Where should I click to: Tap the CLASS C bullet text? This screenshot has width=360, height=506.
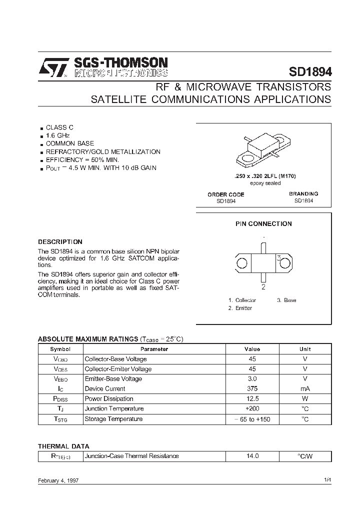[59, 127]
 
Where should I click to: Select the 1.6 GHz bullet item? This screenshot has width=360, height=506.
[58, 135]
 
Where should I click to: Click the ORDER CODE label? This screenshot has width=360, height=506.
[226, 194]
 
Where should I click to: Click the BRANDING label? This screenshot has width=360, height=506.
[303, 193]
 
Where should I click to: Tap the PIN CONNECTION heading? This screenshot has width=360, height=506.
[263, 223]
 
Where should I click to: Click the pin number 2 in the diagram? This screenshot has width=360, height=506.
[263, 287]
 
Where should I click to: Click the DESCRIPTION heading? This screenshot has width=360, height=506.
[60, 241]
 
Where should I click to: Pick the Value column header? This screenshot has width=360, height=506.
[252, 349]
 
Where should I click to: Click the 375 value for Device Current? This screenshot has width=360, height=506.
[252, 388]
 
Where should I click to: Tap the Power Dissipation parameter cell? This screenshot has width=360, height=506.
[109, 398]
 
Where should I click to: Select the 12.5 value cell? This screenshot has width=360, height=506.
[252, 398]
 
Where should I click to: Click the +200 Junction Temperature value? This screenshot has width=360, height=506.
[252, 408]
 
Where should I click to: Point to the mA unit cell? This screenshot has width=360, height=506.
[305, 388]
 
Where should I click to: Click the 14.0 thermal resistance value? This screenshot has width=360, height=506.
[252, 456]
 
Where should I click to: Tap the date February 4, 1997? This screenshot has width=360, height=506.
[58, 480]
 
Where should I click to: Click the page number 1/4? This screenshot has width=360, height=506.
[327, 480]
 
